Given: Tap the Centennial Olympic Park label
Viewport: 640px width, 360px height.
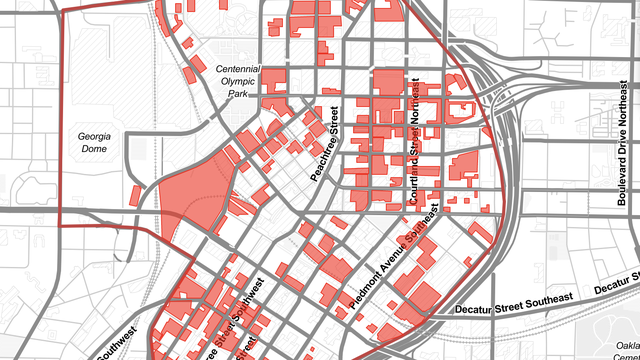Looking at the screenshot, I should point(238,81).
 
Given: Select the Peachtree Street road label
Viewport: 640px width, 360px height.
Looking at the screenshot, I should point(327,144).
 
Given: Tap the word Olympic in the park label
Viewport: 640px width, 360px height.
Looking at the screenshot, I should point(238,81).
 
